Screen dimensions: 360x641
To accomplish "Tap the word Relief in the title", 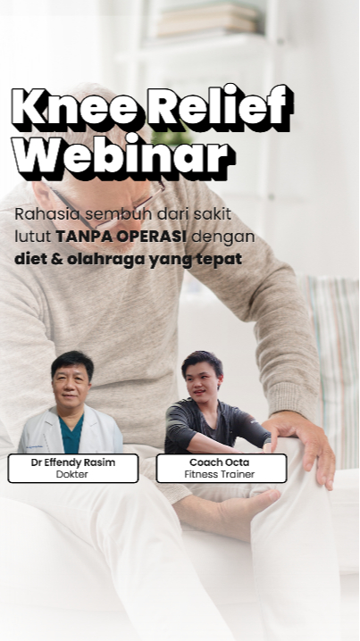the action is point(220,107).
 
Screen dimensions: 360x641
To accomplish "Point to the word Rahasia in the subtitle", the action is point(47,213).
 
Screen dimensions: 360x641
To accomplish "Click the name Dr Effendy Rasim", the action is point(73,462).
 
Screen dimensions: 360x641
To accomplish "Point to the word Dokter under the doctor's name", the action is point(72,474).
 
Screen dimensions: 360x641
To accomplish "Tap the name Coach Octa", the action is point(219,462).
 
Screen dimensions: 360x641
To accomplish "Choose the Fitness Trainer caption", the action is point(219,474).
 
